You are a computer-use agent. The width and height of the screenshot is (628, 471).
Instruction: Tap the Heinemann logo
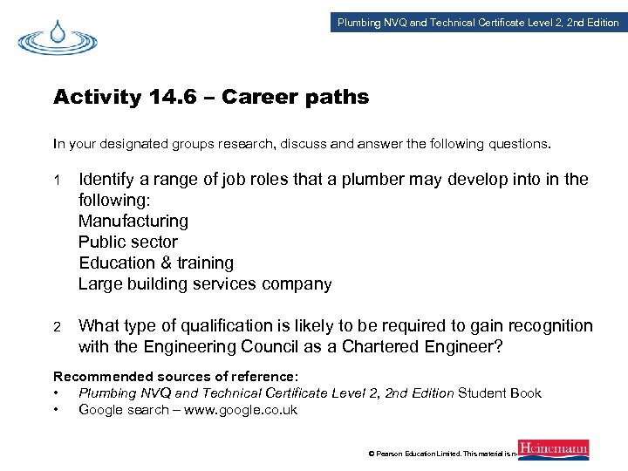553,450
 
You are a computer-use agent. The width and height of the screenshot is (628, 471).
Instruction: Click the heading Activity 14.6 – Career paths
211,97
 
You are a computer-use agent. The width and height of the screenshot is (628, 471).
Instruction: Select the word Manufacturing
133,222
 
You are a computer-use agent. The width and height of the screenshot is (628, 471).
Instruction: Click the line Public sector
127,242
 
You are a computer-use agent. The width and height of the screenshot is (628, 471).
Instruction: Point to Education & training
156,263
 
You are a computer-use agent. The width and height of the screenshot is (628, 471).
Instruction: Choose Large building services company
205,284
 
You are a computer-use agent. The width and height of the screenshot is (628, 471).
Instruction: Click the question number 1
57,181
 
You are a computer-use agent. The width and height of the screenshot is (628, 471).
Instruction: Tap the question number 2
57,327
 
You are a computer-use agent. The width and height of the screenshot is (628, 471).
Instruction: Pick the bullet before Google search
57,410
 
